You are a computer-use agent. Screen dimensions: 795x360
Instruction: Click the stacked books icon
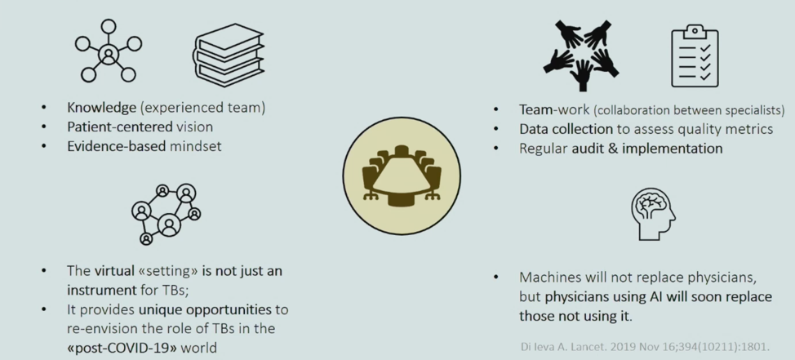(x=229, y=56)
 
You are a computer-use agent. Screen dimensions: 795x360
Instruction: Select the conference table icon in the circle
(x=402, y=176)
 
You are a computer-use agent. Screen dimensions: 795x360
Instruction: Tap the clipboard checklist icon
(x=694, y=56)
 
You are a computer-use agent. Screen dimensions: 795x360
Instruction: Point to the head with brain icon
(x=654, y=214)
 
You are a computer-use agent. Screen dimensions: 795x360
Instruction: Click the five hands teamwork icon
(x=581, y=55)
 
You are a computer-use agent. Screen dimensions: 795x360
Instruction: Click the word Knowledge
(x=101, y=108)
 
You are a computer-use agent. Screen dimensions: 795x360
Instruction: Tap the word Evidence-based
(x=116, y=146)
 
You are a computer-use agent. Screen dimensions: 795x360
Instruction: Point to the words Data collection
(x=566, y=129)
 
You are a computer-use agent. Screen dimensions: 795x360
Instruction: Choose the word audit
(x=587, y=148)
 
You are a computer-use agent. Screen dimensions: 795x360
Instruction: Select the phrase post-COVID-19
(x=138, y=348)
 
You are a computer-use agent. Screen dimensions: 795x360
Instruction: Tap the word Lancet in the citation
(x=577, y=347)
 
